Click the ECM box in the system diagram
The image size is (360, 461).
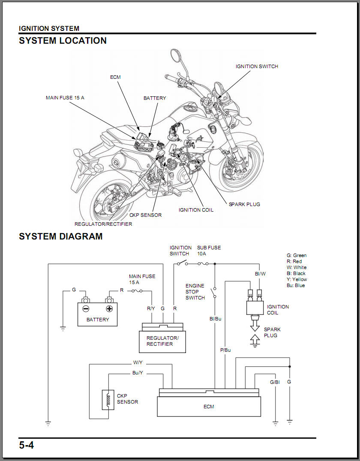[x=209, y=406]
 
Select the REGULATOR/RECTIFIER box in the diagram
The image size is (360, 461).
[x=162, y=341]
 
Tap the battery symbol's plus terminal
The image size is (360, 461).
[x=109, y=308]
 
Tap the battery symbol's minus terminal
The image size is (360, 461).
[x=86, y=308]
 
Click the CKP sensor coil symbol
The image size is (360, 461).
[x=108, y=400]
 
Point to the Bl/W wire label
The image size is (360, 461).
[x=260, y=273]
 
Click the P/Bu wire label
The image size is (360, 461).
[x=225, y=350]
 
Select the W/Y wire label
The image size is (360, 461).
[x=138, y=362]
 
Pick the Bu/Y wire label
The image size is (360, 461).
[x=138, y=373]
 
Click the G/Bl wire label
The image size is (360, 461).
[x=275, y=382]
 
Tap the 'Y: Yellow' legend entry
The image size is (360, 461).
[x=297, y=279]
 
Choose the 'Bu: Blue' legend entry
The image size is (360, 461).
[x=296, y=285]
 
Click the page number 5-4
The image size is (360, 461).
[x=26, y=445]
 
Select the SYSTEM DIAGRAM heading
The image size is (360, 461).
[x=60, y=236]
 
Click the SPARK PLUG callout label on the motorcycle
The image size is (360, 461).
[x=244, y=204]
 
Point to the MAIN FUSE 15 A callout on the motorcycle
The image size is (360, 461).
[x=65, y=98]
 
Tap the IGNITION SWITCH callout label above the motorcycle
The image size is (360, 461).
[x=257, y=66]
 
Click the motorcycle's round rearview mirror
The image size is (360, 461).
[x=175, y=55]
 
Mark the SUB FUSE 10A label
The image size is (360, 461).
[x=209, y=251]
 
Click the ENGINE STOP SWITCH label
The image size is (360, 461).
[x=195, y=292]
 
